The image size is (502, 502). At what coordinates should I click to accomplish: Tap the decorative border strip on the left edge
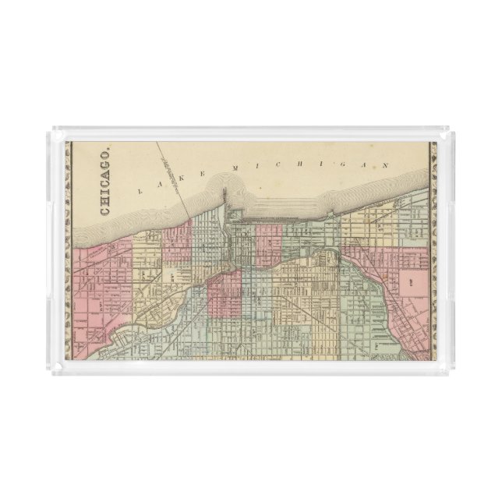click(x=68, y=249)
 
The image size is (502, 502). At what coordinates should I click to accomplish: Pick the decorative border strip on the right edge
click(x=433, y=249)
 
